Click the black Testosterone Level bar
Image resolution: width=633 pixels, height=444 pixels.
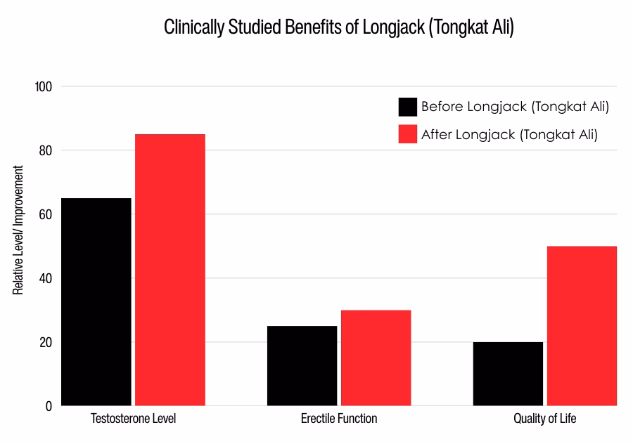click(x=96, y=302)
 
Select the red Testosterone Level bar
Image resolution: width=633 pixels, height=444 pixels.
click(x=170, y=270)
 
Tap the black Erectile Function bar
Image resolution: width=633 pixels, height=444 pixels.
click(x=302, y=366)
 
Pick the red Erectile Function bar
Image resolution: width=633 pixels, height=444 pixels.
click(x=376, y=358)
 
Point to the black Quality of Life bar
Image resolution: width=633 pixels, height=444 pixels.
click(x=508, y=374)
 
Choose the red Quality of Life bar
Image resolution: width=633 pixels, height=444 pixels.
click(x=582, y=326)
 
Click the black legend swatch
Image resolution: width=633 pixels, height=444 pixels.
click(x=408, y=107)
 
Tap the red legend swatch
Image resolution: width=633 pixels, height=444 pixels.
click(x=408, y=134)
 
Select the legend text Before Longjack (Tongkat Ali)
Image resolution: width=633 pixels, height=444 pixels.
click(x=515, y=107)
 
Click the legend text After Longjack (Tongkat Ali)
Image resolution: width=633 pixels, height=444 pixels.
click(x=509, y=134)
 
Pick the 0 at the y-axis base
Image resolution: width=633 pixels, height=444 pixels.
click(x=48, y=406)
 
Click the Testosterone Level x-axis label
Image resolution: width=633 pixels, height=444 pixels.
click(x=134, y=419)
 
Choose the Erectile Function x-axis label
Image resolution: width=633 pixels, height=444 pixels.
click(x=339, y=419)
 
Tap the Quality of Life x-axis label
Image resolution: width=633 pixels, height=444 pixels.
click(x=544, y=419)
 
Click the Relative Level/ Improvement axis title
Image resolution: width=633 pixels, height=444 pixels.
click(x=18, y=230)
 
